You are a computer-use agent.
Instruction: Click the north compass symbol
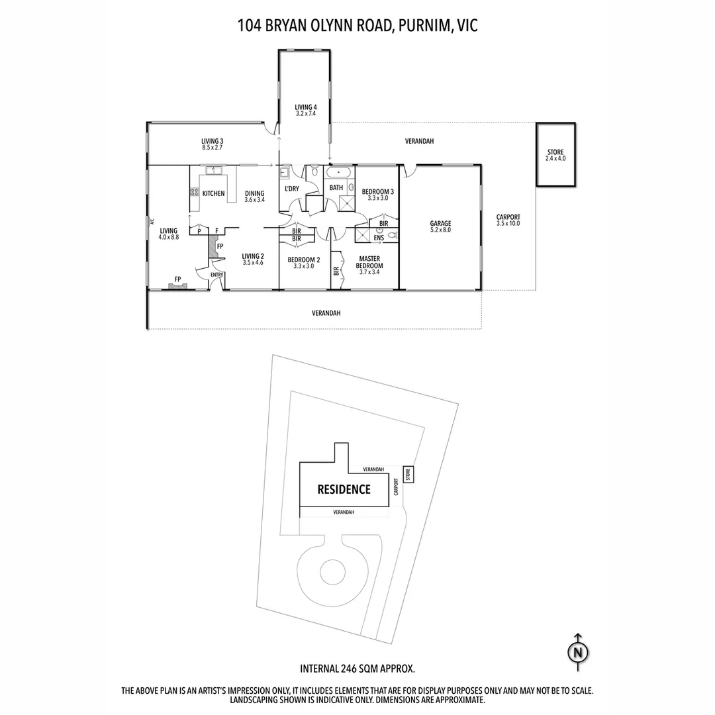(x=578, y=651)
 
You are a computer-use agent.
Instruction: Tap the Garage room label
(x=440, y=224)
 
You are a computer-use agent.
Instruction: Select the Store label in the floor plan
(x=555, y=152)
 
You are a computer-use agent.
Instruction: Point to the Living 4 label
(x=306, y=107)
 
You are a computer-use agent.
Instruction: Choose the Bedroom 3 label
(x=377, y=191)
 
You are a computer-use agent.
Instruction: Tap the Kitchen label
(x=213, y=193)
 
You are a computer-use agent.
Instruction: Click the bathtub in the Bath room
(x=340, y=173)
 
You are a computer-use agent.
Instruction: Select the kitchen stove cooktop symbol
(x=195, y=192)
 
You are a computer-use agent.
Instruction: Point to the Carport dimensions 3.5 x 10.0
(x=508, y=224)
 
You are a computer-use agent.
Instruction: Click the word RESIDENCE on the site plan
(x=344, y=490)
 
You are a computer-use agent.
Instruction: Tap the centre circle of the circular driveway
(x=332, y=569)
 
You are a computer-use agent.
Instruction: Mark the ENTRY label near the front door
(x=216, y=275)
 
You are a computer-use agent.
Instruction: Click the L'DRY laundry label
(x=291, y=189)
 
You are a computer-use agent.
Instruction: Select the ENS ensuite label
(x=379, y=238)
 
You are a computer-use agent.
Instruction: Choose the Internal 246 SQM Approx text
(x=358, y=669)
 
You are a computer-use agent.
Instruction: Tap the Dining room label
(x=254, y=193)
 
